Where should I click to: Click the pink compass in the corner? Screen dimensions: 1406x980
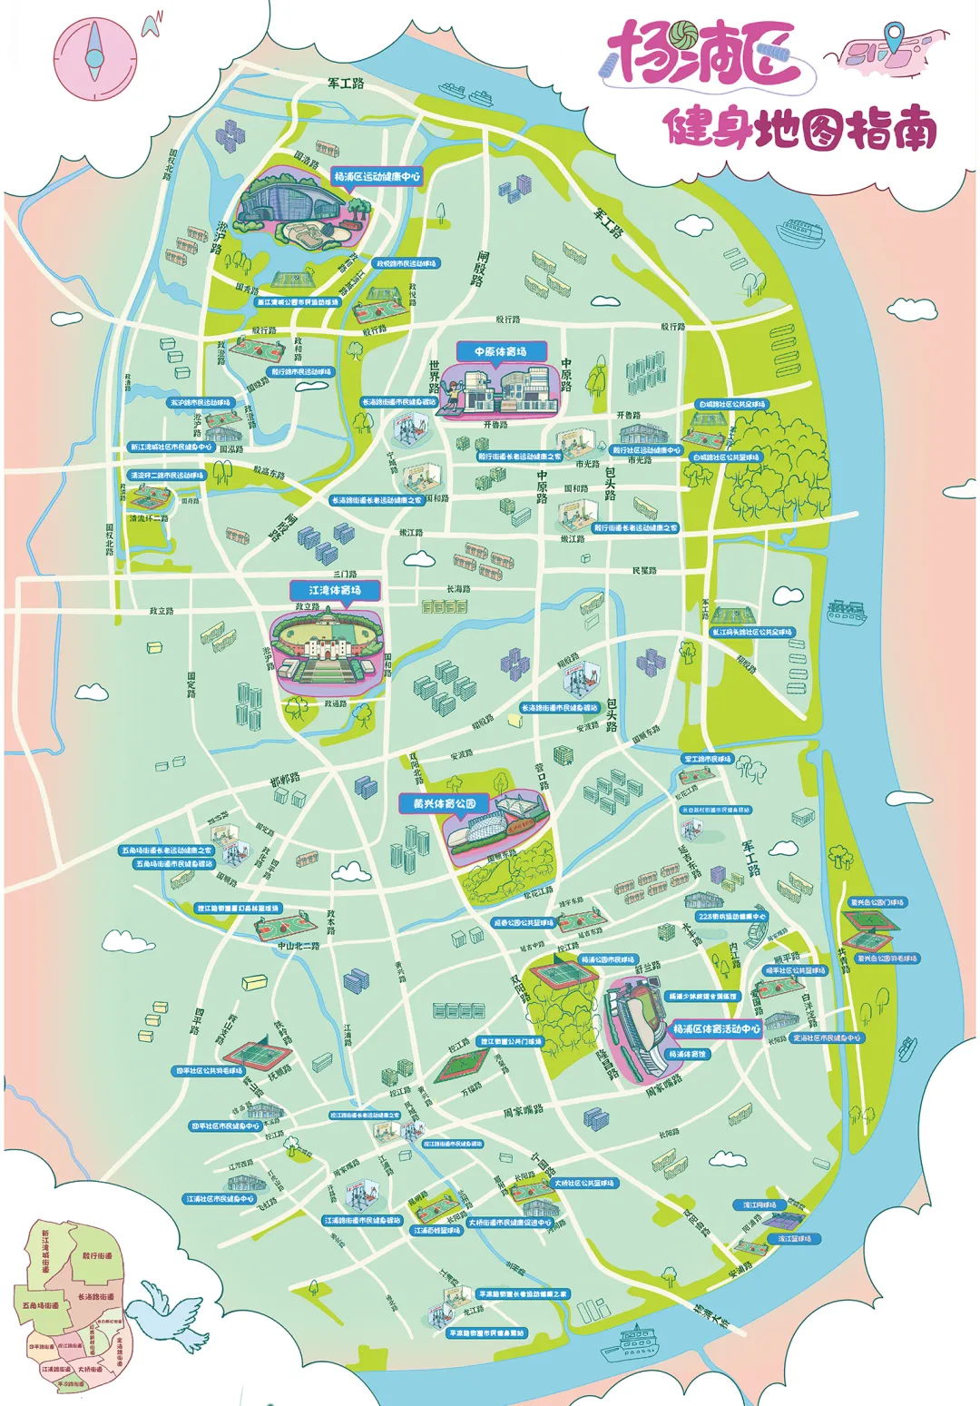coord(94,56)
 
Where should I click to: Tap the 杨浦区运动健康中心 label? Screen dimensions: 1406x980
coord(377,177)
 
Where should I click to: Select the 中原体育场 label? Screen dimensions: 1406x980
coord(500,351)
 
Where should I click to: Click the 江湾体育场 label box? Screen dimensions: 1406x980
coord(334,590)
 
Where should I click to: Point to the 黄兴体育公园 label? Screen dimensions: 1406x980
coord(445,803)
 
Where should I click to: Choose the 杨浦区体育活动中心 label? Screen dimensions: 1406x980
coord(716,1029)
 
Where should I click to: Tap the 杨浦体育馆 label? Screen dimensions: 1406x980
coord(687,1055)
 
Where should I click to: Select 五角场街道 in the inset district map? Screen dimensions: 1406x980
coord(40,1305)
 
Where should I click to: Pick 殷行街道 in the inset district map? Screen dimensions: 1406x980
coord(97,1255)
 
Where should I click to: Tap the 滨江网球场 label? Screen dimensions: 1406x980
coord(759,1205)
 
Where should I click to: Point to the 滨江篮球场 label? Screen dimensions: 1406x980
coord(794,1238)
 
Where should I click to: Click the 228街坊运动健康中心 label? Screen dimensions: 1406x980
coord(731,917)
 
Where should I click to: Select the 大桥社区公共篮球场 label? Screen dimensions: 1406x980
coord(584,1183)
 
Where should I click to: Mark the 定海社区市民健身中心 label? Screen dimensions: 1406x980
coord(827,1037)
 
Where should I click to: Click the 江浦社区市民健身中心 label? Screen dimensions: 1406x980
coord(220,1199)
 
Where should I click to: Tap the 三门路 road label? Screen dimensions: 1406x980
coord(345,574)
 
